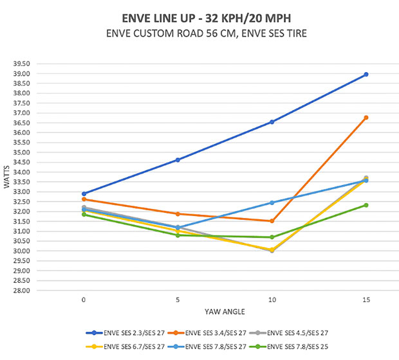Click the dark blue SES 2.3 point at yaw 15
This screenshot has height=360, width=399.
pos(366,75)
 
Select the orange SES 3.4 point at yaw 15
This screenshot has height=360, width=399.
pos(366,118)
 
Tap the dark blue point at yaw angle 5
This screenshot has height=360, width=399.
pos(178,160)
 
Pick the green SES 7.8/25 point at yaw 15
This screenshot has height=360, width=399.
pos(366,205)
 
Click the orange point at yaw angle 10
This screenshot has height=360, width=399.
pos(272,221)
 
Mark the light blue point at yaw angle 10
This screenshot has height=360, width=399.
pos(272,203)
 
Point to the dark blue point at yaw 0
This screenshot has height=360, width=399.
pos(84,194)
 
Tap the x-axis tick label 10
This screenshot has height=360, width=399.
pos(272,300)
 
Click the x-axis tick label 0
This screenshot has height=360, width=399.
pos(84,300)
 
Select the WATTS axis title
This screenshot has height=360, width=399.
pos(7,177)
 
